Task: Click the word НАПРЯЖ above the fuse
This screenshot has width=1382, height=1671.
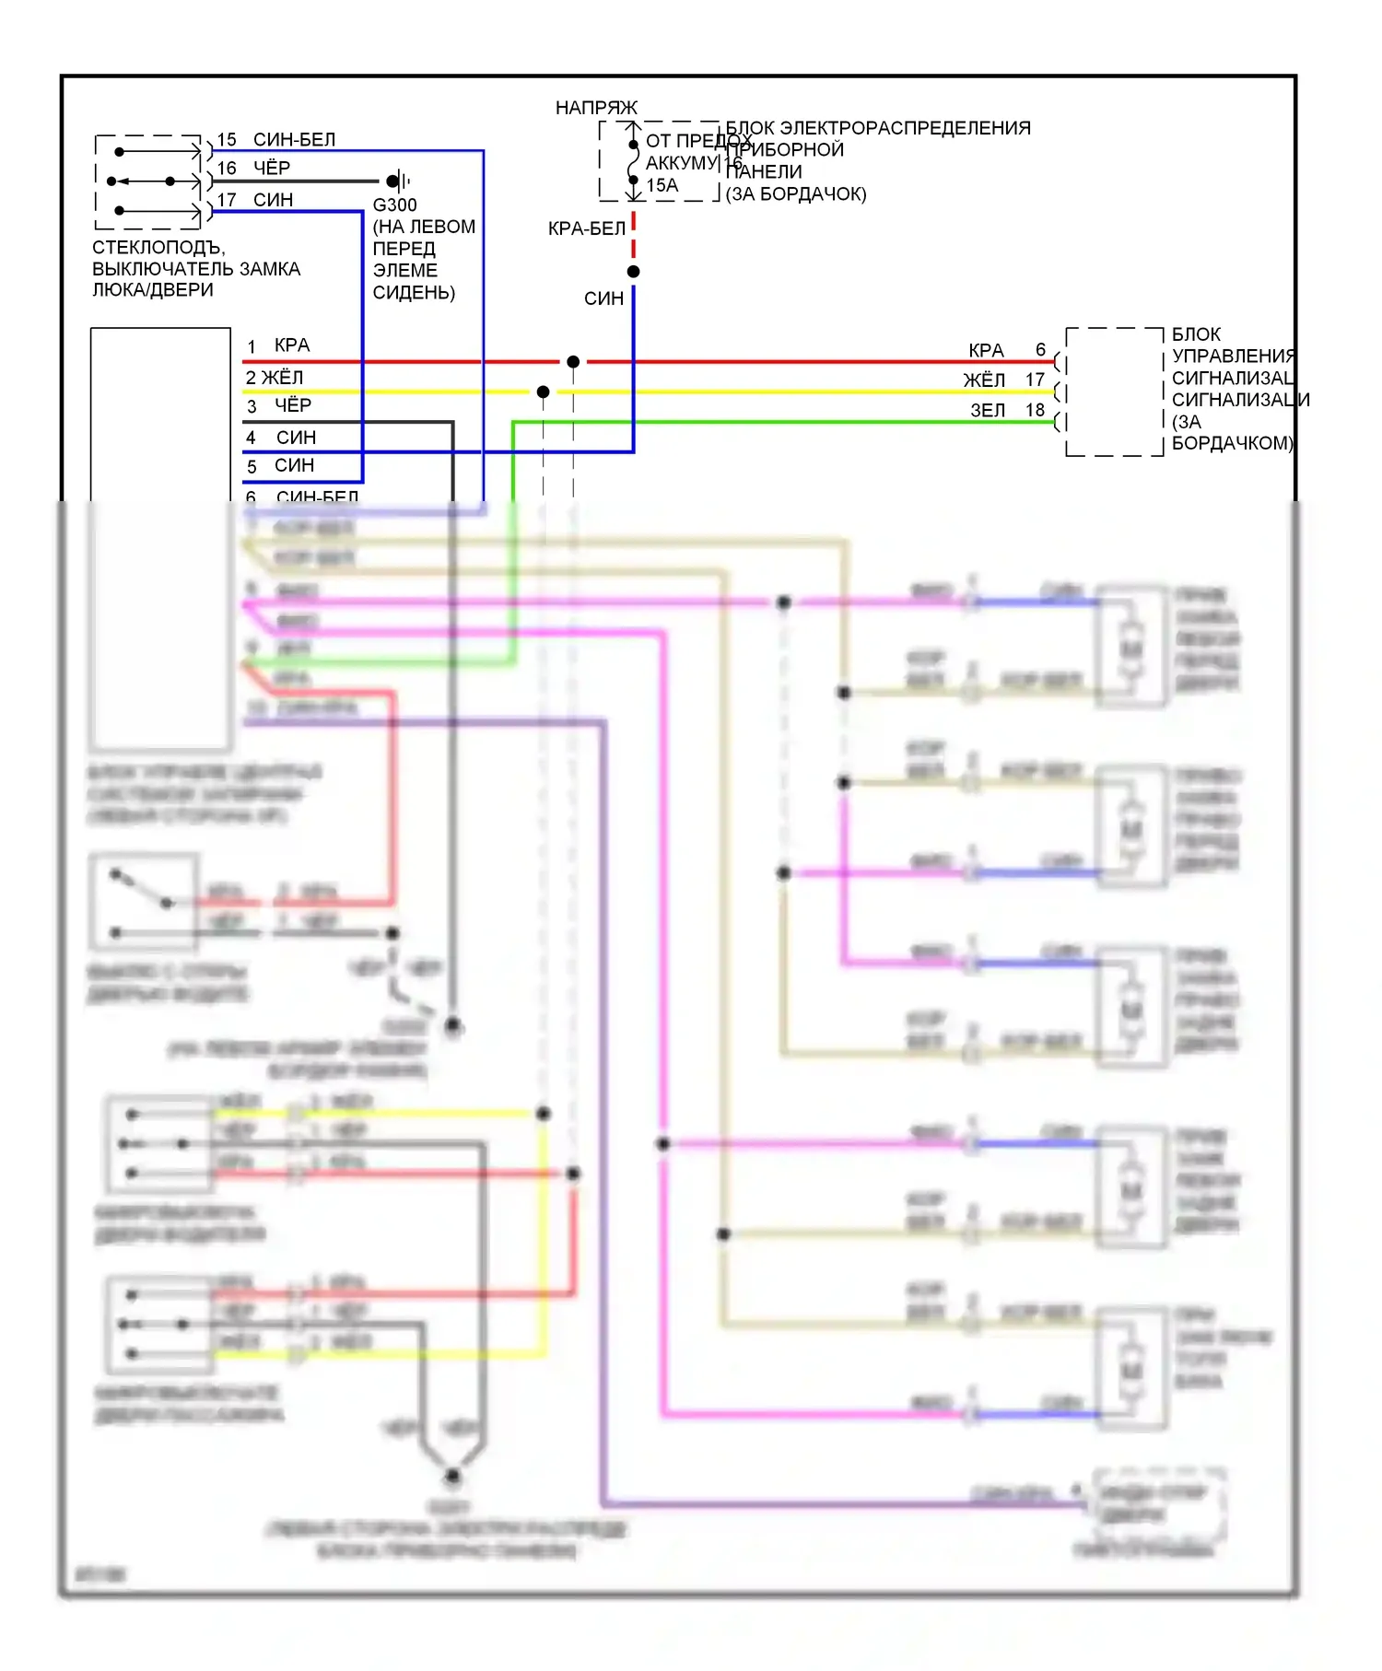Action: point(596,108)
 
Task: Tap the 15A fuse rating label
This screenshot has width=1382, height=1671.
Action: point(662,185)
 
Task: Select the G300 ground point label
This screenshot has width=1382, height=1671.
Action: point(394,204)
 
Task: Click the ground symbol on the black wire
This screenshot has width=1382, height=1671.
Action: point(398,181)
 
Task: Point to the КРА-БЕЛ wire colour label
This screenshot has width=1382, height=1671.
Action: point(586,228)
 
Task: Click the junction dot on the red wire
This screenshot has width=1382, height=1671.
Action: point(573,362)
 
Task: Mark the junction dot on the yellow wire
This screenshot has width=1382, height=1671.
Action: point(544,392)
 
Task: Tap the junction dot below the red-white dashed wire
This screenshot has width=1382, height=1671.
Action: point(634,272)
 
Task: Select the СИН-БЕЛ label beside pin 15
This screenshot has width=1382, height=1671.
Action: point(294,139)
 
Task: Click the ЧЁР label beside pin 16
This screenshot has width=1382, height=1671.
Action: point(272,168)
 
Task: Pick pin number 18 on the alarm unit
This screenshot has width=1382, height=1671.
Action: point(1036,410)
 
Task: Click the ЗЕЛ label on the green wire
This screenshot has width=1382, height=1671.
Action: point(988,410)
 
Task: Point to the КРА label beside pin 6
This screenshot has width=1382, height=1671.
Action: point(986,350)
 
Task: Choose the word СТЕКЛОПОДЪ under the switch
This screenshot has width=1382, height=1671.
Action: point(158,247)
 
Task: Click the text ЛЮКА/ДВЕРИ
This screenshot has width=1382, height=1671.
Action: point(153,289)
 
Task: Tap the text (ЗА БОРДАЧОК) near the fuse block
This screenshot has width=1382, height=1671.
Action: point(796,193)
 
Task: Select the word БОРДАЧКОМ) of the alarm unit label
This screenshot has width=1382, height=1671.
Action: point(1232,443)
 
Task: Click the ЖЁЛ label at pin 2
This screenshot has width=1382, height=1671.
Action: point(282,378)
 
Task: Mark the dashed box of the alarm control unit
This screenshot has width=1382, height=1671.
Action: point(1115,391)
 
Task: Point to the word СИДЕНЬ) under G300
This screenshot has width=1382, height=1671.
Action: point(414,292)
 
